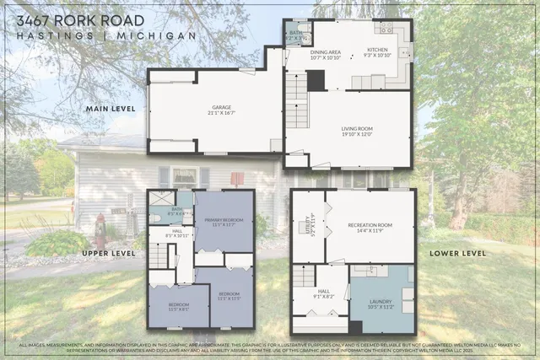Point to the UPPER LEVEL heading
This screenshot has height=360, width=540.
(x=107, y=253)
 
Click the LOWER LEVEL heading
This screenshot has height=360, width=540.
(x=457, y=253)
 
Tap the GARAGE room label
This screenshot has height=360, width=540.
(x=221, y=110)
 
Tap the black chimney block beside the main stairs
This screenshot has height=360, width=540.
(x=316, y=80)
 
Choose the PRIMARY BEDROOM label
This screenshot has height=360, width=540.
(x=224, y=223)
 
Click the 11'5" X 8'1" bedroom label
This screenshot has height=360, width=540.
(x=177, y=307)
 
